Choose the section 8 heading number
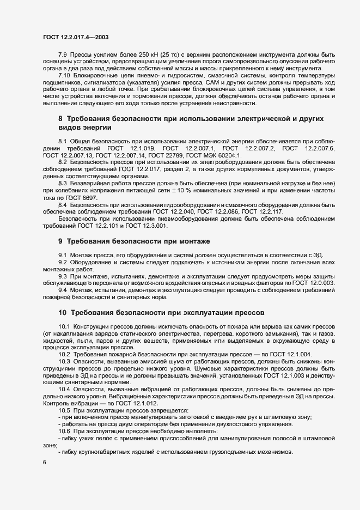pyautogui.click(x=60, y=118)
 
